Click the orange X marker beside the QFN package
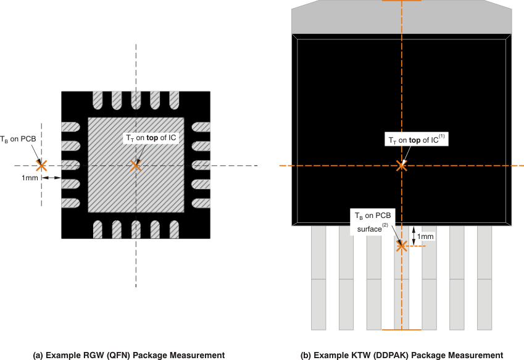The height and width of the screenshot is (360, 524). click(41, 165)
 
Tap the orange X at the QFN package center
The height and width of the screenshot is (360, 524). click(135, 165)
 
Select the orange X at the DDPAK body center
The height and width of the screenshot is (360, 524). click(402, 165)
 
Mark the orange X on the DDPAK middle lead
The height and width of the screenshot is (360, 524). click(402, 246)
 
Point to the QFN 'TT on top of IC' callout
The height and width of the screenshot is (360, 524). click(151, 139)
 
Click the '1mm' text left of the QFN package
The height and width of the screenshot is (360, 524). click(30, 178)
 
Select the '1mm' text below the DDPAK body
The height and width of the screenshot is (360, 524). click(425, 236)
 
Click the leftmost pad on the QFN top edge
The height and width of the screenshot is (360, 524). click(98, 99)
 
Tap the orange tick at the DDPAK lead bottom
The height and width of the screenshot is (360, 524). click(402, 330)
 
